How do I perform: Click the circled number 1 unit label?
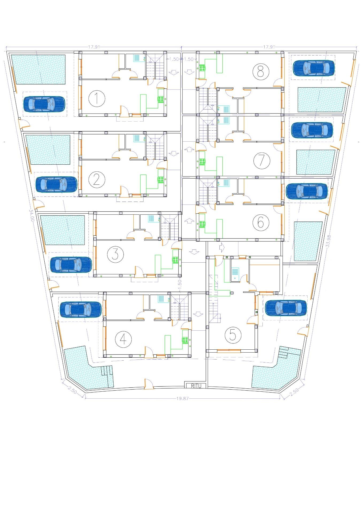tap(97, 99)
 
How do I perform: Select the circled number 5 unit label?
tap(233, 335)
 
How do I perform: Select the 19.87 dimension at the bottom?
tap(183, 398)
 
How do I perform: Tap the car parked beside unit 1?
tap(44, 104)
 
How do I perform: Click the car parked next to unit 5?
tap(286, 308)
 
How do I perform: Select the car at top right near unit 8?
tap(314, 68)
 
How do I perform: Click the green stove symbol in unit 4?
tap(185, 340)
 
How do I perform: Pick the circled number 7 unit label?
tap(262, 161)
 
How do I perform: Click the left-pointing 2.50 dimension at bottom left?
tap(71, 390)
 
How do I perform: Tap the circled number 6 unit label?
tap(261, 222)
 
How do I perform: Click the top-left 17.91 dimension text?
tap(94, 47)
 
